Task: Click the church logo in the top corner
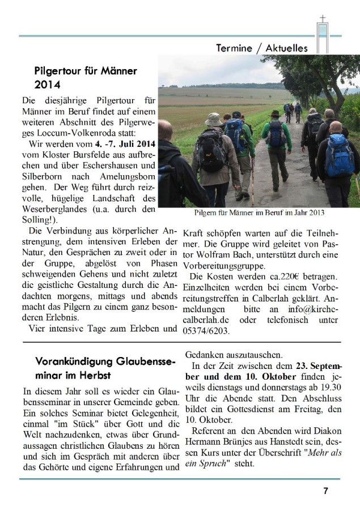point(323,33)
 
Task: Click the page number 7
point(325,491)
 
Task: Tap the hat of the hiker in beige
point(214,120)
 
